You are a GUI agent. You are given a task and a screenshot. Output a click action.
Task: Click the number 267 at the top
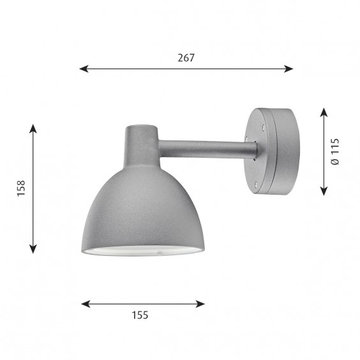(x=185, y=57)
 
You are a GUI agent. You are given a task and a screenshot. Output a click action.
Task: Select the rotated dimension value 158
(x=22, y=189)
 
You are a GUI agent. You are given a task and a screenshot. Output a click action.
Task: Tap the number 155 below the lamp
(x=141, y=315)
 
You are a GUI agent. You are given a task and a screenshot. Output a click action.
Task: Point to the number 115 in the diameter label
(x=335, y=145)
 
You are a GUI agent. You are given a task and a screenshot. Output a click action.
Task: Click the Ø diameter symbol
(x=335, y=163)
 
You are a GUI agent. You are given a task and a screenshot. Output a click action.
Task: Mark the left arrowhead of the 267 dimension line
(x=82, y=68)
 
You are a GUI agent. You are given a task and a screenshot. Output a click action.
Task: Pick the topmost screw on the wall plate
(x=260, y=126)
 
